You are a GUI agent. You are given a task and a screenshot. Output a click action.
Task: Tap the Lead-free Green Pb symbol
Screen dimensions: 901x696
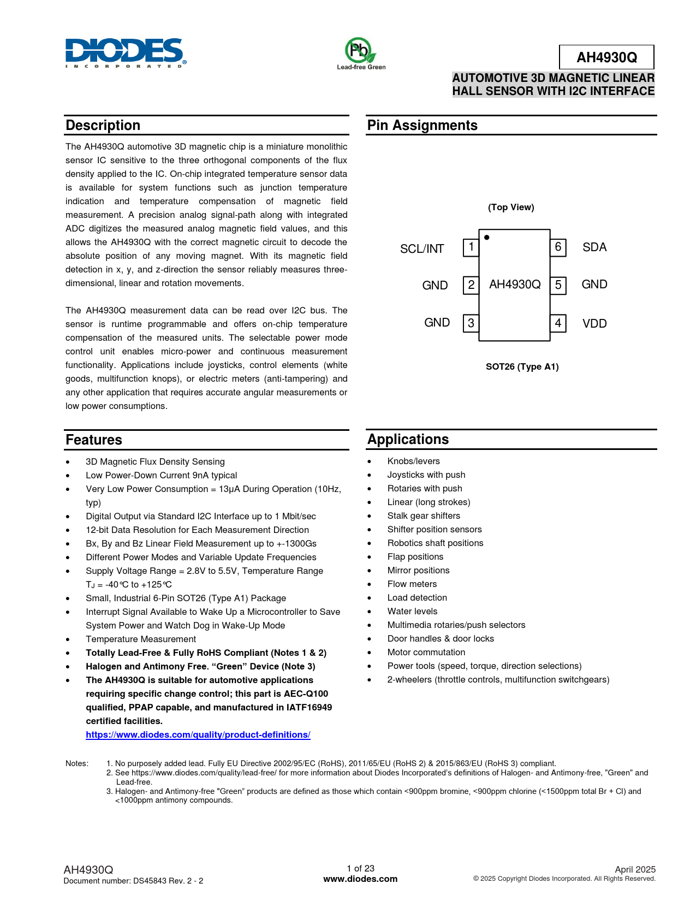tap(360, 51)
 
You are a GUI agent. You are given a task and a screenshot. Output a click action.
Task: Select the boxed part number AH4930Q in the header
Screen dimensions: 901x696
tap(606, 57)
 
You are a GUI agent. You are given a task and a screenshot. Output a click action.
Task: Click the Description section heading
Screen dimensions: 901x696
tap(103, 126)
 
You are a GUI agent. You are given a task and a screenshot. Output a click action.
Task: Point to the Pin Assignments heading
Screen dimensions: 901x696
tap(422, 126)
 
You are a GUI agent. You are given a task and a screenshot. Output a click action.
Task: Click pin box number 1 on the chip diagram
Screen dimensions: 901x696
tap(471, 247)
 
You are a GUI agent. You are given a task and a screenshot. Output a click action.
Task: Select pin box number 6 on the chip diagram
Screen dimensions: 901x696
tap(558, 247)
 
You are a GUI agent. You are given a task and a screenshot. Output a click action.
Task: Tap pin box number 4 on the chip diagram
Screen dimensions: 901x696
tap(558, 323)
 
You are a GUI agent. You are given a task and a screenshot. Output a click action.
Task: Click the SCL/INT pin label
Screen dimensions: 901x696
tap(422, 249)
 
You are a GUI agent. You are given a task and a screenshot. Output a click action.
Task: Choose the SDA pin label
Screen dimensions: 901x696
tap(594, 247)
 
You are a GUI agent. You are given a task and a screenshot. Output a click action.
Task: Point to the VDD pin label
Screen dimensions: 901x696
tap(594, 324)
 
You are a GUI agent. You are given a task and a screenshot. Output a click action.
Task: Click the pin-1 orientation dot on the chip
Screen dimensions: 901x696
tap(487, 238)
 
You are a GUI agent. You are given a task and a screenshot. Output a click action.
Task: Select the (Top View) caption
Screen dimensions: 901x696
tap(511, 208)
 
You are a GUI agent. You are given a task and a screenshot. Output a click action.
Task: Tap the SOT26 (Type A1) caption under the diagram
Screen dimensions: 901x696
tap(522, 367)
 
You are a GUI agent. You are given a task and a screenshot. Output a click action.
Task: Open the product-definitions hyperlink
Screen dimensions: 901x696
tap(198, 735)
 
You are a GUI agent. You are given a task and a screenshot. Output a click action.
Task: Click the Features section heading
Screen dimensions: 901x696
tap(94, 440)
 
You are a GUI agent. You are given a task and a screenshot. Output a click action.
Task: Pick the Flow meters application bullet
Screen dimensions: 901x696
tap(412, 584)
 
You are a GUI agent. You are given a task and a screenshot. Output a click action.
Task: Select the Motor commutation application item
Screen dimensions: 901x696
tap(426, 653)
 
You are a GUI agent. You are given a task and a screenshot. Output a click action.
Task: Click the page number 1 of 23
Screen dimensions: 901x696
tap(360, 869)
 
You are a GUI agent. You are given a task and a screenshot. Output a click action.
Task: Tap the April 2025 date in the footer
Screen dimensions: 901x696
tap(635, 870)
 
